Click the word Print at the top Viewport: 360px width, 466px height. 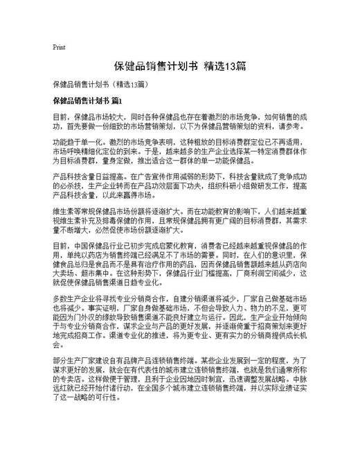pos(59,47)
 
